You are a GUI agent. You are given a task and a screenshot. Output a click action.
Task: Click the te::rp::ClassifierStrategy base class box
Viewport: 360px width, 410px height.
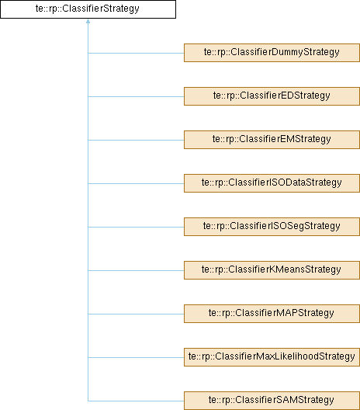88,9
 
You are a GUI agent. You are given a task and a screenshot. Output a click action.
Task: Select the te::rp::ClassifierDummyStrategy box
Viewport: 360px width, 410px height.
272,53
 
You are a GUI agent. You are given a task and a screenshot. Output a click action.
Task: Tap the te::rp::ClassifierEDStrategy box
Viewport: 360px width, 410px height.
272,96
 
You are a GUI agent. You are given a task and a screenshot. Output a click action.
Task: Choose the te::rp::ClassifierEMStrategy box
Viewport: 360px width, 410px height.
272,140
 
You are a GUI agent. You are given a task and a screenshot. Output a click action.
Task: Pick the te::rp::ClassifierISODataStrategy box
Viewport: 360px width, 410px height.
272,183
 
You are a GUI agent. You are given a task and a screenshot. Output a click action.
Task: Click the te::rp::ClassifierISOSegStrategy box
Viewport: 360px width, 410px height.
272,227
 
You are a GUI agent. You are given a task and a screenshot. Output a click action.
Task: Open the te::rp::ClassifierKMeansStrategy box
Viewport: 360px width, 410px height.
272,270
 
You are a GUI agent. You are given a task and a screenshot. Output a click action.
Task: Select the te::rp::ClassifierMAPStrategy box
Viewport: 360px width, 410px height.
272,314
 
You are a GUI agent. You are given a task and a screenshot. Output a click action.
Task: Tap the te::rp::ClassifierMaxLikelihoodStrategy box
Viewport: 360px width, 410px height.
272,357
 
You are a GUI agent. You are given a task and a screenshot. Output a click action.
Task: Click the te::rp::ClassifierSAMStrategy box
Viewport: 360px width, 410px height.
272,401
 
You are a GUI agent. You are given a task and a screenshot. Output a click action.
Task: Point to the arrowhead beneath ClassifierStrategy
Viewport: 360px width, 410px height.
88,21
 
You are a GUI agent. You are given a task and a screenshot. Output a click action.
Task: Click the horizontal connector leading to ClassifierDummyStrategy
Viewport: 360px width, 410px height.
136,53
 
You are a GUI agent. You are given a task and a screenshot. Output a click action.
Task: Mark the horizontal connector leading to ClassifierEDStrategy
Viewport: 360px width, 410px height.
136,96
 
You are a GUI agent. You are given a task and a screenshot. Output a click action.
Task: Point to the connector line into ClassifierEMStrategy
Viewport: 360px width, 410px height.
136,140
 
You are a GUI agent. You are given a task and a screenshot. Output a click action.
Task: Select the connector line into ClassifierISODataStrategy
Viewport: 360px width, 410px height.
136,183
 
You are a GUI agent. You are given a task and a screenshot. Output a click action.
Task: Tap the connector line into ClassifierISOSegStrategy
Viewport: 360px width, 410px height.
136,227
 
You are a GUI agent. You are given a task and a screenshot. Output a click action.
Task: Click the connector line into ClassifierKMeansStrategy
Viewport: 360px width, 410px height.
136,270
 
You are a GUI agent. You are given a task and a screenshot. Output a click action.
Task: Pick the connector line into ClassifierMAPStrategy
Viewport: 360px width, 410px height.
136,314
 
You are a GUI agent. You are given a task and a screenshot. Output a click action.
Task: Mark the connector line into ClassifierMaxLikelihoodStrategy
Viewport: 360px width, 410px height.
136,357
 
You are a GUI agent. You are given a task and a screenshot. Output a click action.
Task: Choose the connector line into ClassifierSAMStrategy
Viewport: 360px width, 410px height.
136,401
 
